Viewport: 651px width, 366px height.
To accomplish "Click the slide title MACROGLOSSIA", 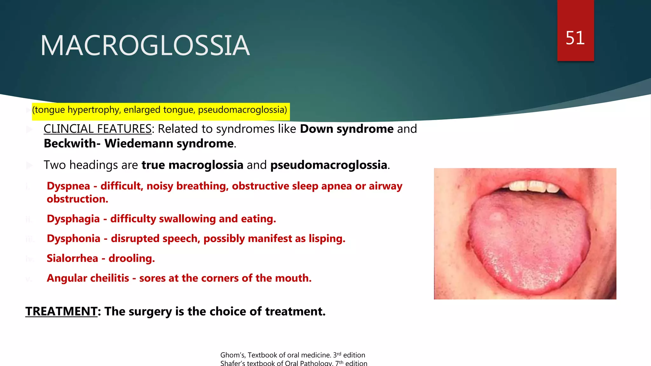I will [x=145, y=46].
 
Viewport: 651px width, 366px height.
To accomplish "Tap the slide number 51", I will [x=575, y=38].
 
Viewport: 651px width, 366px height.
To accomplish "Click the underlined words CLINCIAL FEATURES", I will [x=98, y=129].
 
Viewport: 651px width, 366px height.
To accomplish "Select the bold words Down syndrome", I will [x=347, y=129].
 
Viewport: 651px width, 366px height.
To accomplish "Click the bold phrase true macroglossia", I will [x=192, y=165].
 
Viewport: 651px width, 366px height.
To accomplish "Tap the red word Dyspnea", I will [x=68, y=186].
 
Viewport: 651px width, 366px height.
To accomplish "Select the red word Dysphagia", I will [x=73, y=219].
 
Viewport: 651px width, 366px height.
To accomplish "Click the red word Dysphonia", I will [x=73, y=239].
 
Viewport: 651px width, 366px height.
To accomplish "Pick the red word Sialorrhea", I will [x=72, y=258].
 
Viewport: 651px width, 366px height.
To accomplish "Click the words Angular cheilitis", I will [x=88, y=278].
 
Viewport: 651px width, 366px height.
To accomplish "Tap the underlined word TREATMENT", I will [x=61, y=311].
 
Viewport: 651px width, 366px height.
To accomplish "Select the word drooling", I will [x=132, y=258].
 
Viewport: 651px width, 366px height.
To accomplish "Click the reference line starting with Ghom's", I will [x=292, y=355].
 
